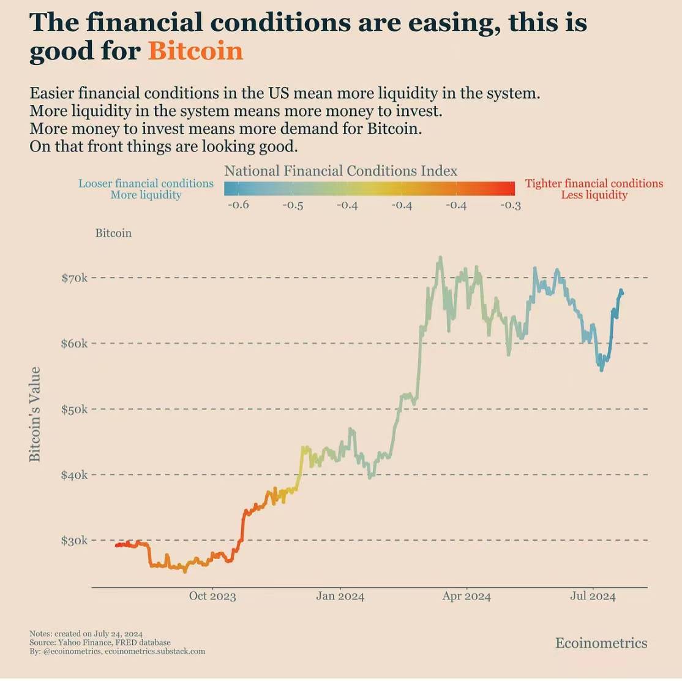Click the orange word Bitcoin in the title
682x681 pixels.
195,51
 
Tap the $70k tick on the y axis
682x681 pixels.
75,278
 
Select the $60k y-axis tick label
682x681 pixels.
75,344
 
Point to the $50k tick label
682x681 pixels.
75,409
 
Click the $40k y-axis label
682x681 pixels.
75,475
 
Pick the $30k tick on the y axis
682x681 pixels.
75,541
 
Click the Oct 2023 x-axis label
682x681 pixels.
212,596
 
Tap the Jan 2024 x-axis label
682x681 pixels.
340,596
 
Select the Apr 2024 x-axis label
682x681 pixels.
467,596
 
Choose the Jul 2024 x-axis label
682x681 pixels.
593,596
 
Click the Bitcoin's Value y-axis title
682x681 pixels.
35,414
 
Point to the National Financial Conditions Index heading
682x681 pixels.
340,171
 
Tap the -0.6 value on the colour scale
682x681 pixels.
238,205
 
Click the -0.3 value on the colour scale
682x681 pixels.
510,205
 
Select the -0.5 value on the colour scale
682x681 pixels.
293,205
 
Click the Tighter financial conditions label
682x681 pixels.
594,183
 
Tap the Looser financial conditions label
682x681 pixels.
146,183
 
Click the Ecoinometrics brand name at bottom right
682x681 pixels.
601,643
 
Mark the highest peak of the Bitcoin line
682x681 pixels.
440,258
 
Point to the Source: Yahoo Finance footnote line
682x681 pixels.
100,642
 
